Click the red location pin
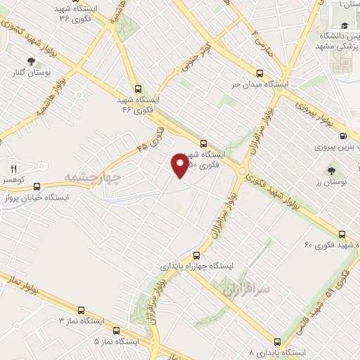click(180, 164)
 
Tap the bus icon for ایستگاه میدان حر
click(259, 73)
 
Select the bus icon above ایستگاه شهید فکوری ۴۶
click(137, 89)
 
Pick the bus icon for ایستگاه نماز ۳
click(82, 310)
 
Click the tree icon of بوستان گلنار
click(30, 61)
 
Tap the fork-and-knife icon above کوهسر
click(13, 169)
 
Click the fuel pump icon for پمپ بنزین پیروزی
click(342, 136)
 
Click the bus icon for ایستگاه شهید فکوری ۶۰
click(342, 234)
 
